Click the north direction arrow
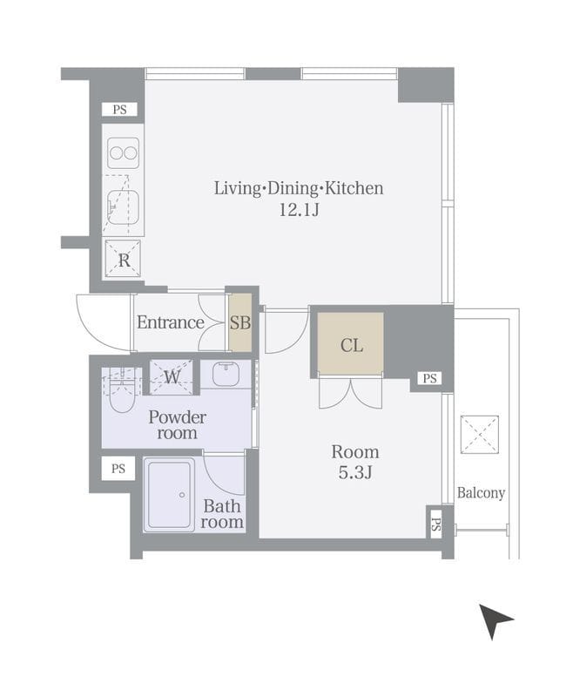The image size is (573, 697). pos(493,619)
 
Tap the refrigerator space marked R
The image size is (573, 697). pos(123,259)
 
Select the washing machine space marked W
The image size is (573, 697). pos(172,377)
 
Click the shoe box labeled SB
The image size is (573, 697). pos(240,322)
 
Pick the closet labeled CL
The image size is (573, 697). pos(350,343)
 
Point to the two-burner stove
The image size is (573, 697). pos(123,153)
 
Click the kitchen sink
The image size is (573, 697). pos(124,207)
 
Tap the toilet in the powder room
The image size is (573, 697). pos(121,391)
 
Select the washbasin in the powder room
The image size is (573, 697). pos(226,374)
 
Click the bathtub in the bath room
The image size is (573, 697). pos(169,494)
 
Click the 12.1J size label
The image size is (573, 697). pos(299,209)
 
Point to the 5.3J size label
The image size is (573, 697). pos(355,472)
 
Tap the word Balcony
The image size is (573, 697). pos(481,493)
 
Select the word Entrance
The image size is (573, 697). pos(171,322)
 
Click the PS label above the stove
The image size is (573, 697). pos(119,110)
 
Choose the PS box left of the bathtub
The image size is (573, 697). pos(118,469)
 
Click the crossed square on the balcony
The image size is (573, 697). pos(479,435)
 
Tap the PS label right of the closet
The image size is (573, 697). pos(429,378)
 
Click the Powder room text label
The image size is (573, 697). pos(177,424)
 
